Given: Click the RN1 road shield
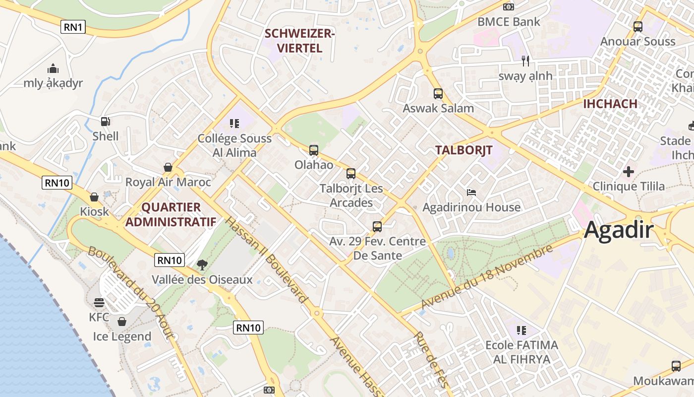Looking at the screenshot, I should (73, 27).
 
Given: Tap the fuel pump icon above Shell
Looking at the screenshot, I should (105, 121).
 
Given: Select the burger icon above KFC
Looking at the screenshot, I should (99, 302).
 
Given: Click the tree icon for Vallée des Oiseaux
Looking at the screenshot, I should (202, 265).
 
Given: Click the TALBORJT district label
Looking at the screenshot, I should (463, 150).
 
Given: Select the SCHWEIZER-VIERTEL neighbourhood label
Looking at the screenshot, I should (300, 41).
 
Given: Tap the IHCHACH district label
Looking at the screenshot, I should (610, 104).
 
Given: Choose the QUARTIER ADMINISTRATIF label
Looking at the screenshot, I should (171, 214).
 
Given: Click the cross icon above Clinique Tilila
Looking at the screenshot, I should (629, 172).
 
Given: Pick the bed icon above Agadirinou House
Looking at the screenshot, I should (471, 192).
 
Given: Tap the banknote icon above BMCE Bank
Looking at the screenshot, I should (509, 7).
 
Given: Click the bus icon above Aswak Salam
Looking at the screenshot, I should (438, 93).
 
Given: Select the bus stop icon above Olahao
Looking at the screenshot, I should (313, 150).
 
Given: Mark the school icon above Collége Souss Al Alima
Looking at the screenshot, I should (234, 123).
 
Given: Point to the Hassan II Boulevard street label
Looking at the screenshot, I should (266, 259).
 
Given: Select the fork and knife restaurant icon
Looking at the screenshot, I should (525, 61).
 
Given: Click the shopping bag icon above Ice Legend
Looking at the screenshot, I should (122, 322).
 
